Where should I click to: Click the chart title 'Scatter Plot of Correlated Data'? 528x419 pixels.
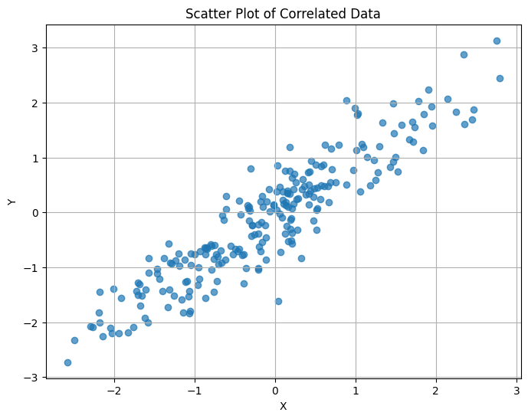point(283,14)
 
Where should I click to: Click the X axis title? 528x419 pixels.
point(283,406)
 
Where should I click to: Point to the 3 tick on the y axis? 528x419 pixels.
point(35,47)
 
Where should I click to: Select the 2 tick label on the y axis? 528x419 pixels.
point(35,103)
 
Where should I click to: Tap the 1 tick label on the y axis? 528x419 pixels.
point(35,158)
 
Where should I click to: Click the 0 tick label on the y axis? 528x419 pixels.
point(35,213)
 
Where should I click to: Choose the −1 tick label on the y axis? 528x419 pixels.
point(32,267)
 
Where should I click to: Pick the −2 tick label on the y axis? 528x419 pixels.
point(32,322)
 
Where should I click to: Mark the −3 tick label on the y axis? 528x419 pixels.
point(32,378)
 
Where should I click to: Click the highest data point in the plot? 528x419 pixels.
point(497,41)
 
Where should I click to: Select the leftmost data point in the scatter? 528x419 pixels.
point(67,362)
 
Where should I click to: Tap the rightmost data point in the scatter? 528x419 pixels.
point(500,78)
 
